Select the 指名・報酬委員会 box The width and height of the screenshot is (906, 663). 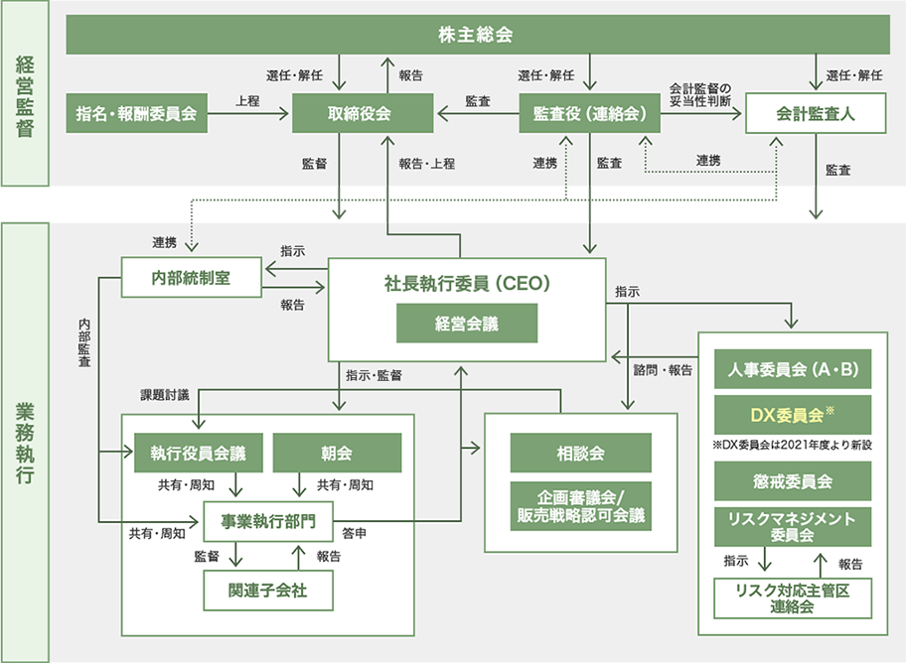136,113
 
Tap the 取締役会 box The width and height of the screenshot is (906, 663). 363,113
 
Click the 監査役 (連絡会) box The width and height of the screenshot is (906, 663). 590,113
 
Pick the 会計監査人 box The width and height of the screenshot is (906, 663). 816,113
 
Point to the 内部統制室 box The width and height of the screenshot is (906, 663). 192,277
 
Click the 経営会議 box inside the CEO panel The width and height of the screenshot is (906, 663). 467,324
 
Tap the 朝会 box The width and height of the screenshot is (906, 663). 337,453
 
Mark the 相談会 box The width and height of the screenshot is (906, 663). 580,453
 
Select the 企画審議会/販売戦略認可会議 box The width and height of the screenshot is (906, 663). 580,504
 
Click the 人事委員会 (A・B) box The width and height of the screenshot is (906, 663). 793,369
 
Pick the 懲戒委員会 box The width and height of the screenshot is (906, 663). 793,480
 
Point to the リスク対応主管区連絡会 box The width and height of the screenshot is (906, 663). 793,598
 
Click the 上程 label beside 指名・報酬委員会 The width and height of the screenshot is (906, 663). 248,101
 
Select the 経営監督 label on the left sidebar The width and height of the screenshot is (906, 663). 26,94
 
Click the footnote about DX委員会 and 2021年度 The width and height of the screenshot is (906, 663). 793,445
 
